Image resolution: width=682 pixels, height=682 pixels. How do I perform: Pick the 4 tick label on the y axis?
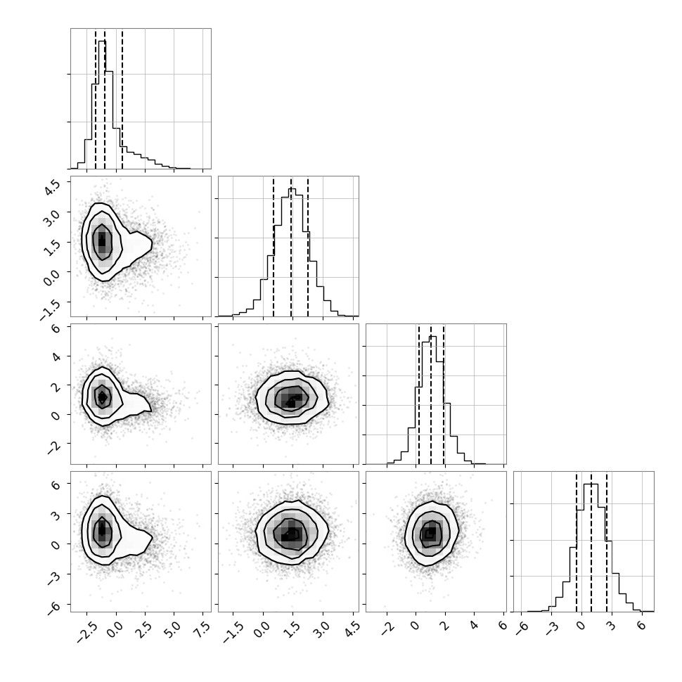coord(56,356)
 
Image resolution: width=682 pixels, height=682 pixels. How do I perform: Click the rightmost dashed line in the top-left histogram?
coord(122,98)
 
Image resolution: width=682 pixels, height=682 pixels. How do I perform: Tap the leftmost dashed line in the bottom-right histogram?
coord(577,541)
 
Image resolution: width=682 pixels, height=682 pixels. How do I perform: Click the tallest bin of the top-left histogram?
coord(102,104)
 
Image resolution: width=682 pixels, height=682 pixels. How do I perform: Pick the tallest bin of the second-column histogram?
coord(292,252)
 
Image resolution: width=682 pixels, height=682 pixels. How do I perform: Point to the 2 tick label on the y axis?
coord(56,386)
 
